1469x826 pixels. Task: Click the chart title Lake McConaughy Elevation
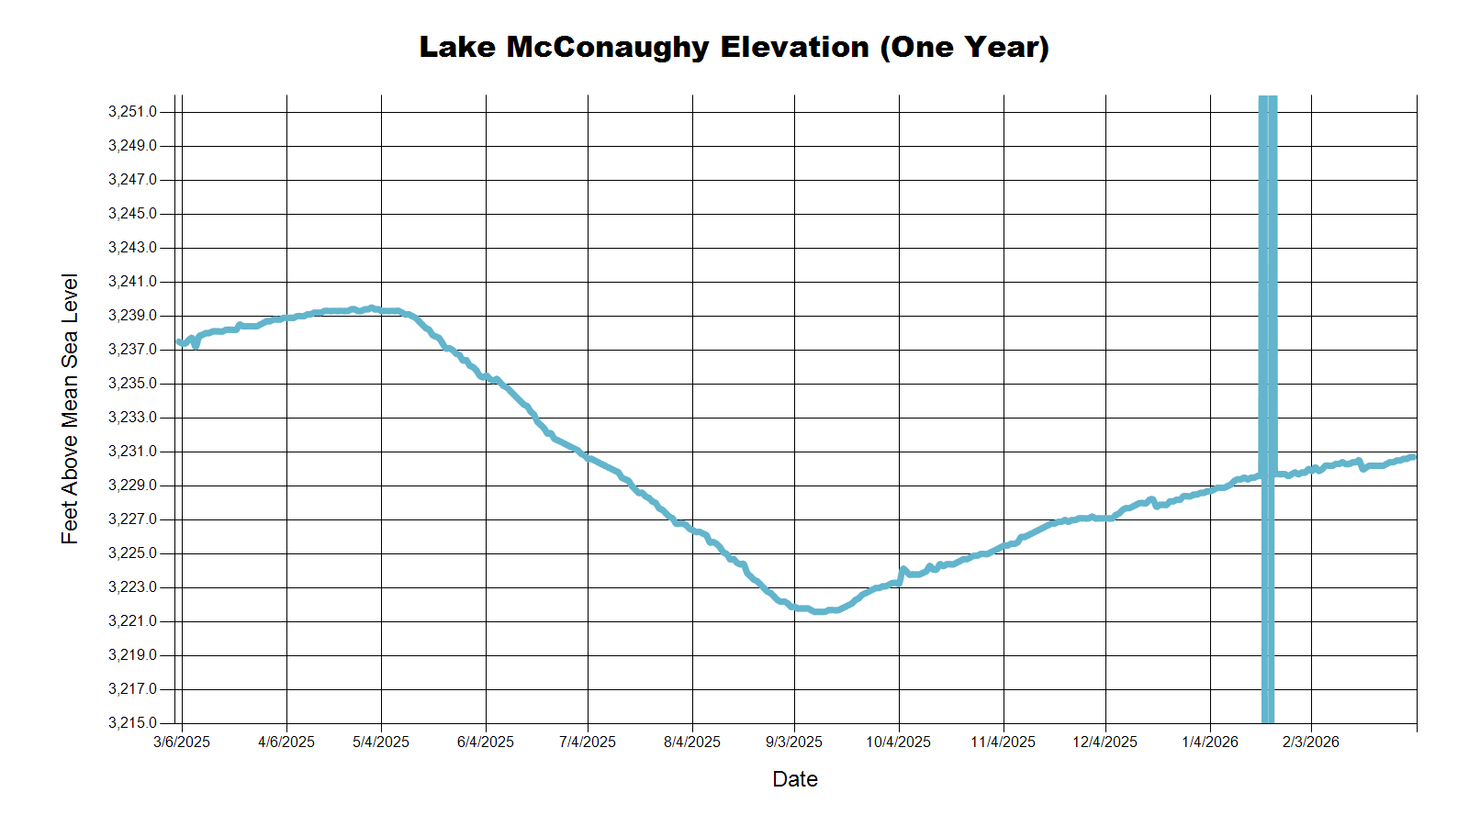pos(734,47)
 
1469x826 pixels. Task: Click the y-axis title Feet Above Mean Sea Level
pos(70,408)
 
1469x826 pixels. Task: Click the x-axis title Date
pos(794,779)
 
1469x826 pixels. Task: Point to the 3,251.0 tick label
pos(133,112)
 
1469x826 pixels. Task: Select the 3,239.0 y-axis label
pos(133,316)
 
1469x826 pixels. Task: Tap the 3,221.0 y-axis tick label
pos(133,621)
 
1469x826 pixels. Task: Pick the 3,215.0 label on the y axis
pos(133,723)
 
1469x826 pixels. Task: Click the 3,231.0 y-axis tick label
pos(133,452)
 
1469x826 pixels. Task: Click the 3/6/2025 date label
pos(182,742)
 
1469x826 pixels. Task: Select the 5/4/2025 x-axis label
pos(381,742)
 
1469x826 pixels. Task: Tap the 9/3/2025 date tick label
pos(794,742)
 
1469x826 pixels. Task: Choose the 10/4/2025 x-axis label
pos(899,742)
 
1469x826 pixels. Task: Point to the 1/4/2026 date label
pos(1210,742)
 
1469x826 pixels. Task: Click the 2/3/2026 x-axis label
pos(1311,742)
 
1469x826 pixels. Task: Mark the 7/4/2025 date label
pos(588,742)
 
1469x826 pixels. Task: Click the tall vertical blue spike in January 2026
pos(1268,275)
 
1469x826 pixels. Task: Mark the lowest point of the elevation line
pos(819,611)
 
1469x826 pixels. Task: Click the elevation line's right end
pos(1414,456)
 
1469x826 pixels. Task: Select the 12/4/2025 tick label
pos(1105,742)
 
